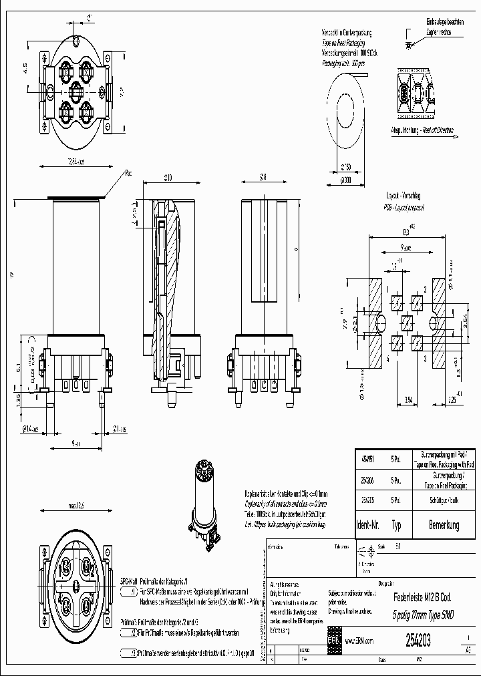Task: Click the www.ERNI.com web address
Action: (359, 641)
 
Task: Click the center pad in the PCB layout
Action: (407, 323)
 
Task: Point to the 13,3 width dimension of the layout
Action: (406, 232)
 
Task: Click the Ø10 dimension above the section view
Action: (168, 177)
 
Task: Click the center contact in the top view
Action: (75, 90)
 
